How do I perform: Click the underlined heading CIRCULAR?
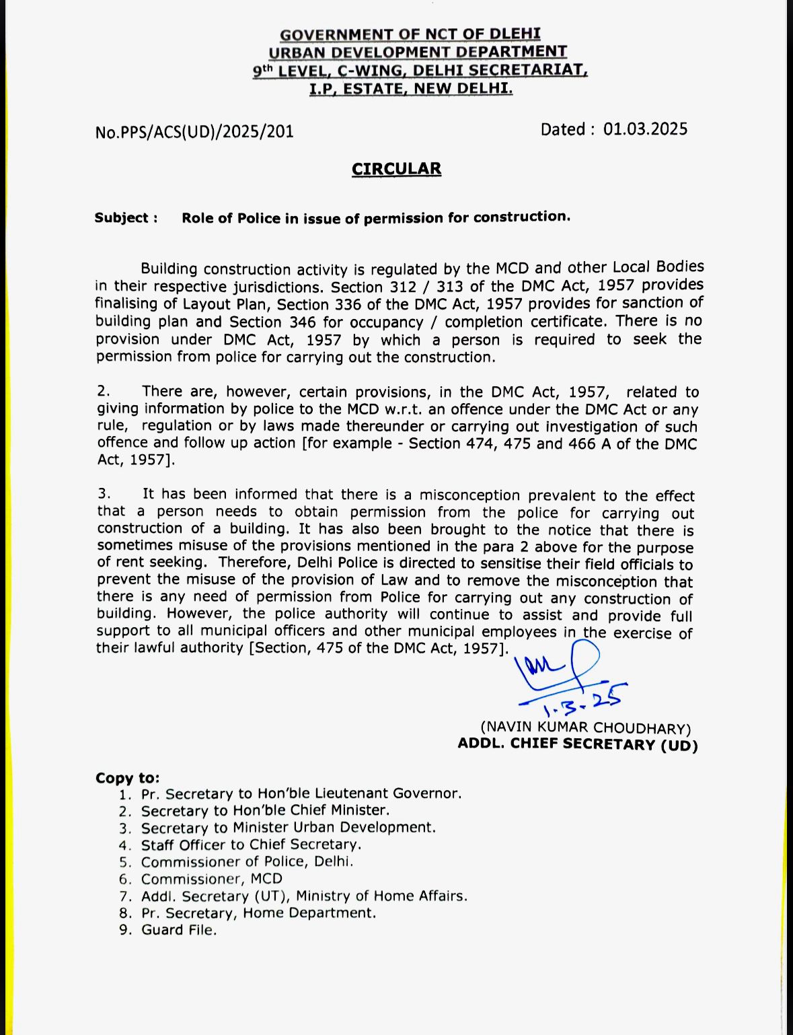pyautogui.click(x=396, y=169)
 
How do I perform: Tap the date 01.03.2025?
pyautogui.click(x=645, y=129)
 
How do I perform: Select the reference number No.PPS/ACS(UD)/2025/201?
pyautogui.click(x=194, y=132)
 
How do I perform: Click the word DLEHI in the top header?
pyautogui.click(x=515, y=34)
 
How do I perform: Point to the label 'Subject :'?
pyautogui.click(x=126, y=218)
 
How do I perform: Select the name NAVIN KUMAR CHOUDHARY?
pyautogui.click(x=585, y=727)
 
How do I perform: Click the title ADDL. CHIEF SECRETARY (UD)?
pyautogui.click(x=578, y=744)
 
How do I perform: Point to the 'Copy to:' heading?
pyautogui.click(x=128, y=778)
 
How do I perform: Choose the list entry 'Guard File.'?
pyautogui.click(x=179, y=930)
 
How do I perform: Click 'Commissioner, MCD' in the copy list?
pyautogui.click(x=211, y=879)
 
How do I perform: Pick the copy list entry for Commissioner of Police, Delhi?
pyautogui.click(x=247, y=861)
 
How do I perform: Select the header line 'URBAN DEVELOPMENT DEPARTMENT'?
pyautogui.click(x=418, y=52)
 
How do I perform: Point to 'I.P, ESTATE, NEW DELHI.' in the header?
pyautogui.click(x=411, y=88)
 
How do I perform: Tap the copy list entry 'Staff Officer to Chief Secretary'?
pyautogui.click(x=251, y=845)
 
